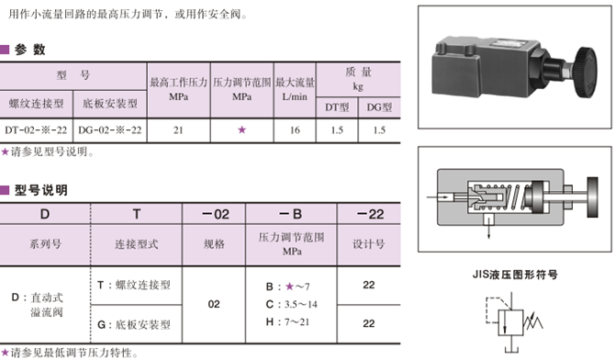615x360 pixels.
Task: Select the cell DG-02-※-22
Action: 110,130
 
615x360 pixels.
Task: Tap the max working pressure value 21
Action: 178,130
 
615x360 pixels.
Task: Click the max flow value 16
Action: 295,130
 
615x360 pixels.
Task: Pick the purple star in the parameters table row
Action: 242,130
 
